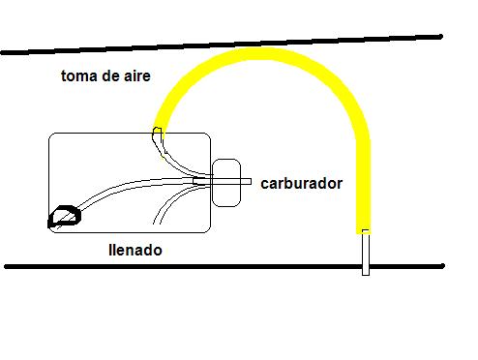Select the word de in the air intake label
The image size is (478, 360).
point(109,76)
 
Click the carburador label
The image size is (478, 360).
point(302,183)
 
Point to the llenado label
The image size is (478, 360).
point(135,250)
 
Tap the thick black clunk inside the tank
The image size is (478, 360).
point(65,216)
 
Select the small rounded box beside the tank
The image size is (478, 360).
point(226,183)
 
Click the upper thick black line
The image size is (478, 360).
point(222,45)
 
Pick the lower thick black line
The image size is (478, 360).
point(224,266)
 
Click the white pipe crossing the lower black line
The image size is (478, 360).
point(366,253)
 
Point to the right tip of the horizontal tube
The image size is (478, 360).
point(251,182)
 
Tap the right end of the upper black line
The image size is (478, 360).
point(440,37)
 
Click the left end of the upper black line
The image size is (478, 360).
point(3,52)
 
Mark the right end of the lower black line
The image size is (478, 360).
point(443,266)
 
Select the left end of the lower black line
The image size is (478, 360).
point(7,266)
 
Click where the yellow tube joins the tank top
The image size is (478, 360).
point(158,133)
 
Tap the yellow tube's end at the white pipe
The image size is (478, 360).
point(364,231)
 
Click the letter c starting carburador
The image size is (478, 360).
point(264,185)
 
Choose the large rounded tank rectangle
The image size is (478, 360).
point(130,183)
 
